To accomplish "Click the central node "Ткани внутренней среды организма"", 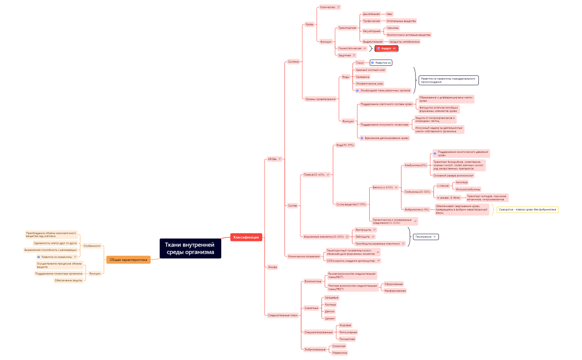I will click(190, 249).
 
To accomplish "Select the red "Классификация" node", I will click(246, 237).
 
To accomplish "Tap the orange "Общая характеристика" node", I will click(128, 259).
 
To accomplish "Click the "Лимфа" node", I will click(272, 267).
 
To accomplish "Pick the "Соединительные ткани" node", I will click(283, 315).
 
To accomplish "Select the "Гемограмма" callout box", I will click(426, 236).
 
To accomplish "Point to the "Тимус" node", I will click(360, 63).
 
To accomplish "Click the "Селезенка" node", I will click(363, 77).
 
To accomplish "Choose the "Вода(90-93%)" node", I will click(345, 145).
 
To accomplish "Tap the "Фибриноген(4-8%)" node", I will click(417, 209).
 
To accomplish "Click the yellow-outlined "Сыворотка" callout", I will click(527, 209).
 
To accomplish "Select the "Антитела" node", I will click(461, 182).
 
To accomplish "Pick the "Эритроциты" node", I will click(364, 229).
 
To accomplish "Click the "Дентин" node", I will click(329, 311).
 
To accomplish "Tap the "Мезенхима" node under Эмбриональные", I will click(339, 353).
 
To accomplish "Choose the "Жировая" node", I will click(345, 325).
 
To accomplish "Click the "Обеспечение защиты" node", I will click(69, 280).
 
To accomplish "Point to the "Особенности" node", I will click(91, 245).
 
